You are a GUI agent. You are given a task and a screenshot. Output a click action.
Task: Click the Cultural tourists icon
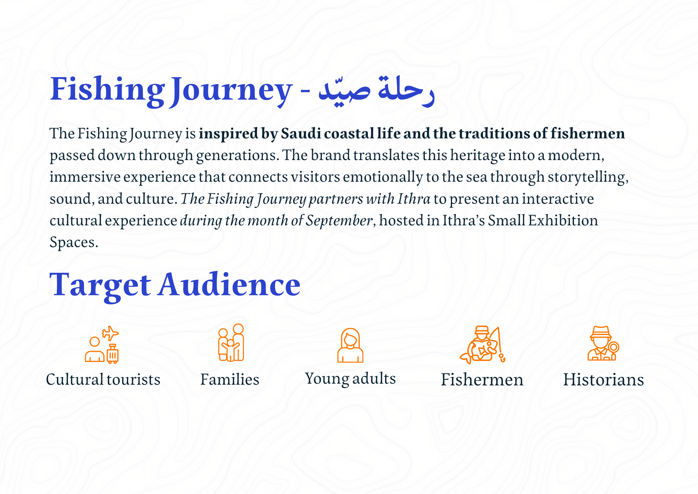point(102,345)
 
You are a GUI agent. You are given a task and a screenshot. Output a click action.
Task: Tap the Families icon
point(231,343)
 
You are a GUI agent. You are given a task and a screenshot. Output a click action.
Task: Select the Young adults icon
point(350,345)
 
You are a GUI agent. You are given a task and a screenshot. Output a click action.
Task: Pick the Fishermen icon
point(482,345)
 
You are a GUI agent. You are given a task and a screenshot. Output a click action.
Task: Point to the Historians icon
point(603,343)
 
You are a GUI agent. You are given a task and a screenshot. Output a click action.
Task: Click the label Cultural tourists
point(103,379)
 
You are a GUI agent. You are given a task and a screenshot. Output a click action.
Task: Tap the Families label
point(230,379)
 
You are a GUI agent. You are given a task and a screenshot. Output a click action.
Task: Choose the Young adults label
point(350,379)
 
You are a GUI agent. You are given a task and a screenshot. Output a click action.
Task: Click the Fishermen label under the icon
point(482,380)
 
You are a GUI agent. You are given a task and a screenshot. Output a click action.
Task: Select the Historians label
point(603,380)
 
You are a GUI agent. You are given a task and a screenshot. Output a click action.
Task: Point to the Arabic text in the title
point(376,91)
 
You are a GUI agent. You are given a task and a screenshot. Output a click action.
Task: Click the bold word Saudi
point(301,133)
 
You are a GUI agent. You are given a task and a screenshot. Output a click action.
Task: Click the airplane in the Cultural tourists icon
point(110,333)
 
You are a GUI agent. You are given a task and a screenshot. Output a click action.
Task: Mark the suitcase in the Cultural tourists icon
point(113,354)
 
